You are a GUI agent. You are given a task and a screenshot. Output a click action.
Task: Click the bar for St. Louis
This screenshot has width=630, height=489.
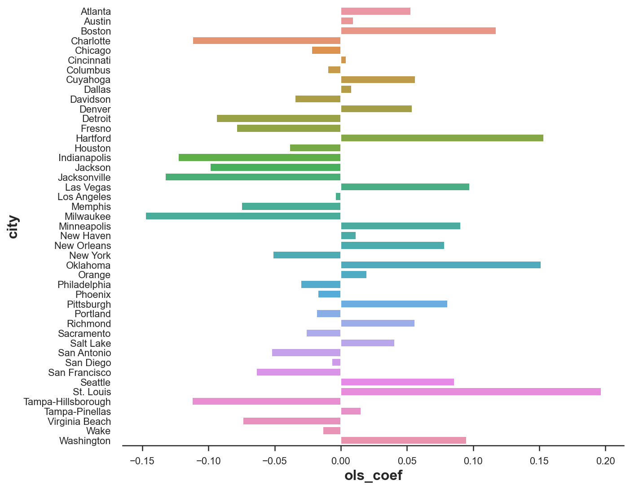[x=471, y=392]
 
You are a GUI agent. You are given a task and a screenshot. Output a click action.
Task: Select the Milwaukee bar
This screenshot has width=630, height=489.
[x=243, y=216]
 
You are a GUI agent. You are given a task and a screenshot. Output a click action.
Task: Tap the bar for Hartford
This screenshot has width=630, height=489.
[x=442, y=138]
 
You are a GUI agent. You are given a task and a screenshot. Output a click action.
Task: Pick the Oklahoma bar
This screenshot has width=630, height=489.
[x=441, y=265]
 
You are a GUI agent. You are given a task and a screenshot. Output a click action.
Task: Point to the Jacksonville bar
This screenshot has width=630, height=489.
[x=253, y=177]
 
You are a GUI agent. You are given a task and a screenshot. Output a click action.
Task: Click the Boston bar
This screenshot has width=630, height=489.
[x=418, y=31]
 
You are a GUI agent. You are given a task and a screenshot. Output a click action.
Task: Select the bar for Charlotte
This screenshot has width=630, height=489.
[x=267, y=41]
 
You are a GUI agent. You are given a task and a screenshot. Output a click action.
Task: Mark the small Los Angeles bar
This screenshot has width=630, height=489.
[x=338, y=196]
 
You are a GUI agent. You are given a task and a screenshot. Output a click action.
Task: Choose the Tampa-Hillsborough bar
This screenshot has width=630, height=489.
[x=266, y=402]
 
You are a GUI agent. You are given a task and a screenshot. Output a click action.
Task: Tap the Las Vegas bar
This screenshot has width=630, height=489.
[x=405, y=187]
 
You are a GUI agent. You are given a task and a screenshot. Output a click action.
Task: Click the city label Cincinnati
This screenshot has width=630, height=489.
[x=89, y=61]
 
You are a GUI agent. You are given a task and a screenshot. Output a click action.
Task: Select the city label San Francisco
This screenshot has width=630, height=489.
[x=79, y=373]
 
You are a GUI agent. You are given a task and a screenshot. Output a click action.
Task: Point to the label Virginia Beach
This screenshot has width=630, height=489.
[x=79, y=422]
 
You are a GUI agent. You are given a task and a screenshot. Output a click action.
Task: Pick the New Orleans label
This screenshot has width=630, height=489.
[x=83, y=246]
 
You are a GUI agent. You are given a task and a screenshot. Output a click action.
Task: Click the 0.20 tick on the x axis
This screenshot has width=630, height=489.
[x=605, y=461]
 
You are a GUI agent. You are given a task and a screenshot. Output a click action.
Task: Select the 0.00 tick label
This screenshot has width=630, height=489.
[x=341, y=461]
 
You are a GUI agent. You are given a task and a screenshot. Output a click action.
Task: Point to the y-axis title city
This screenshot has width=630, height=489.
[x=13, y=227]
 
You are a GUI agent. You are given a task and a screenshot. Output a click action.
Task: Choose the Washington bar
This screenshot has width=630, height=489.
[x=403, y=441]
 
